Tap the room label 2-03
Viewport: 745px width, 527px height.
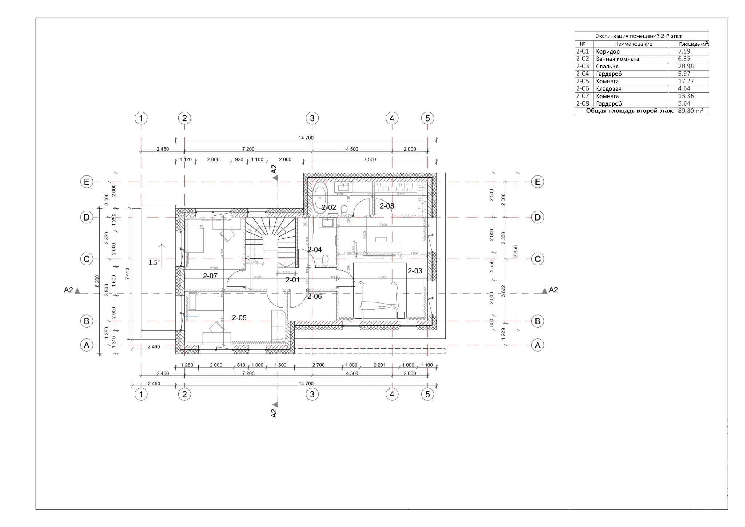pyautogui.click(x=415, y=271)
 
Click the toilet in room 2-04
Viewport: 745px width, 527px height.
pyautogui.click(x=325, y=259)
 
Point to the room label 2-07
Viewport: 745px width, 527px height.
pyautogui.click(x=210, y=276)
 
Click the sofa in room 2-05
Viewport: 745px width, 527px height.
pyautogui.click(x=278, y=325)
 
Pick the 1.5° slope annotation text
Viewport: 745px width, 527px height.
pyautogui.click(x=154, y=262)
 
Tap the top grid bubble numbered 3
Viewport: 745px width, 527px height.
pyautogui.click(x=312, y=118)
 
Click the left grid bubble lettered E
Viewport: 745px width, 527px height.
pyautogui.click(x=87, y=182)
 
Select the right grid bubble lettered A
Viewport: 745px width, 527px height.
pyautogui.click(x=538, y=345)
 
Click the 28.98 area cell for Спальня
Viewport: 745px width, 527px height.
pyautogui.click(x=686, y=66)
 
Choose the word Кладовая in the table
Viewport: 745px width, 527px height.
pyautogui.click(x=609, y=89)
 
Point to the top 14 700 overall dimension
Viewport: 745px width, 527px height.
pyautogui.click(x=306, y=138)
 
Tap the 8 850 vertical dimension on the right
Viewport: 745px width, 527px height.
pyautogui.click(x=515, y=251)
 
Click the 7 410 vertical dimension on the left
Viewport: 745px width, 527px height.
pyautogui.click(x=127, y=273)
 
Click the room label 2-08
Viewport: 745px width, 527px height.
pyautogui.click(x=387, y=206)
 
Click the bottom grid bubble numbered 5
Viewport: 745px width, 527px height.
pyautogui.click(x=427, y=394)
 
